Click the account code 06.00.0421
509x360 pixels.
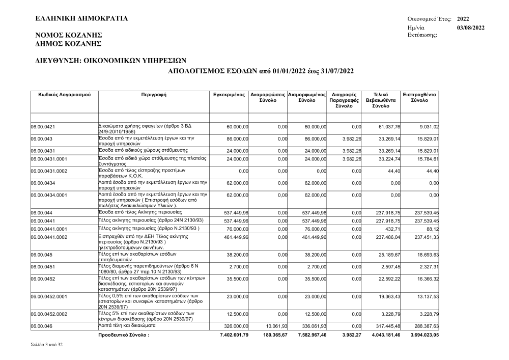(x=43, y=127)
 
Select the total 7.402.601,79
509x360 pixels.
(x=231, y=336)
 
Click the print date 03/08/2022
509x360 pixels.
(x=471, y=27)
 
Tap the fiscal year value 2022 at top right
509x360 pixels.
(x=463, y=19)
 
